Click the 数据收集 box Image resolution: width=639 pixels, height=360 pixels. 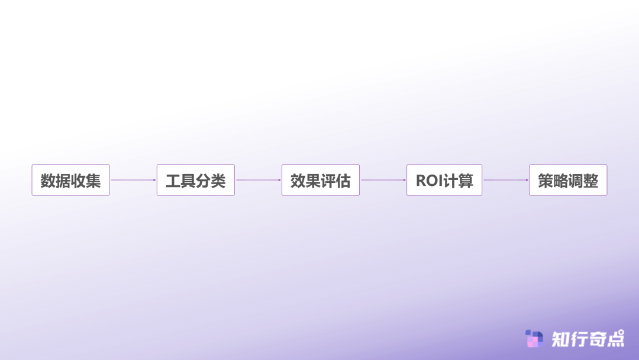tap(70, 180)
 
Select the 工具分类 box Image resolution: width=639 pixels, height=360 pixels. tap(196, 180)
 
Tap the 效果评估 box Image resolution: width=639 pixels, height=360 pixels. tap(321, 180)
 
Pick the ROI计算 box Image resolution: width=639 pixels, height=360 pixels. tap(444, 180)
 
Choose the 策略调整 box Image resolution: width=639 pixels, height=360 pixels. tap(568, 180)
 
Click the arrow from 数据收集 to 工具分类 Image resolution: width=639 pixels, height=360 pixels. tap(133, 180)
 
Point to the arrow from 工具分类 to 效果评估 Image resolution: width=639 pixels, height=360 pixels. tap(259, 180)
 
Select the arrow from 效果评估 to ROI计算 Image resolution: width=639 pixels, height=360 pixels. tap(383, 180)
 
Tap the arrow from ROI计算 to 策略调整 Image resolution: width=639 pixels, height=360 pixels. tap(506, 180)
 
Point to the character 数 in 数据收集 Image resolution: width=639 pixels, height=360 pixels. tap(48, 181)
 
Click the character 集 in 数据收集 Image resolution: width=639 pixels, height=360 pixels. tap(93, 181)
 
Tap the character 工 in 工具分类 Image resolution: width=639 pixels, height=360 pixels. tap(173, 181)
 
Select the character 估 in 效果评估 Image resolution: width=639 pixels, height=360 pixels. tap(343, 181)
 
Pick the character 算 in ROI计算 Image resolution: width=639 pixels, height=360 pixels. tap(466, 181)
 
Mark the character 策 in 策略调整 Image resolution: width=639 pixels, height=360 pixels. tap(546, 181)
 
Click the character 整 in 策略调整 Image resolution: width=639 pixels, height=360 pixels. tap(591, 181)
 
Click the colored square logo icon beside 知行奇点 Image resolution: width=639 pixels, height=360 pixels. tap(534, 339)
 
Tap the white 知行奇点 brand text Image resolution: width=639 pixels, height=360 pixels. tap(588, 339)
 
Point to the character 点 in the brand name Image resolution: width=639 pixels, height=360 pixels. tap(616, 339)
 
